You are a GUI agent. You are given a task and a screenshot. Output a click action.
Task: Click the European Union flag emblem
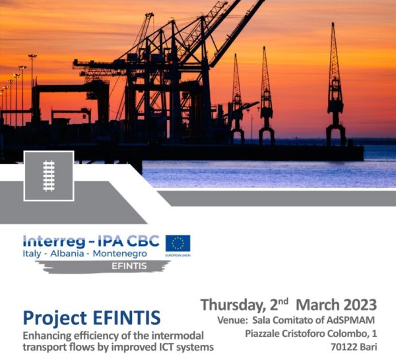178,243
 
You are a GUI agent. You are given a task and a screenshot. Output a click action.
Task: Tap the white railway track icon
49,176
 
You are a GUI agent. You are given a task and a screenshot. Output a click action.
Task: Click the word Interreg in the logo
54,241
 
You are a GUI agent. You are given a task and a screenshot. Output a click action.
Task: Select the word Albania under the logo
67,254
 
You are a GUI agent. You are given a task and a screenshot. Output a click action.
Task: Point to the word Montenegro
119,254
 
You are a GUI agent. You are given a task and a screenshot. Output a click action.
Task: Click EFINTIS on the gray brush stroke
129,266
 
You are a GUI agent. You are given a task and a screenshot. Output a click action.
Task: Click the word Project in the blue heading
55,318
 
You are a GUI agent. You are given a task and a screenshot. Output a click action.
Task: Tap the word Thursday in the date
232,305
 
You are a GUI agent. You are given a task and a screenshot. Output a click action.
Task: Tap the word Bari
369,347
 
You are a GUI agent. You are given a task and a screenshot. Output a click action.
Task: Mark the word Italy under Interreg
32,254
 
